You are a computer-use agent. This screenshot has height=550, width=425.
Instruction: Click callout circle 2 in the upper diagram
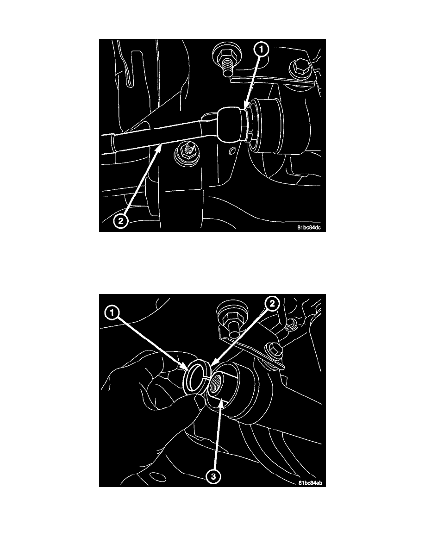tap(120, 221)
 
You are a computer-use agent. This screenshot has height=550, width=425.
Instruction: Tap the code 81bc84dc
tap(309, 227)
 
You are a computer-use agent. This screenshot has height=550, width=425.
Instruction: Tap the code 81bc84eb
tap(310, 483)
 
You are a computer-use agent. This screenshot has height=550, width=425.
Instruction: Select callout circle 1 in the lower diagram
tap(112, 312)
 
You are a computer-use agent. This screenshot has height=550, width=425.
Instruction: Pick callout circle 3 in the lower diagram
tap(213, 477)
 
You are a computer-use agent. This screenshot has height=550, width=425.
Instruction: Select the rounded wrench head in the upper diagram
tap(230, 125)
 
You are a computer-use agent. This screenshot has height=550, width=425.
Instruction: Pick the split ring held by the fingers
tap(197, 376)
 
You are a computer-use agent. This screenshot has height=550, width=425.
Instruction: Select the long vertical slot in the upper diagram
tap(131, 69)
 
